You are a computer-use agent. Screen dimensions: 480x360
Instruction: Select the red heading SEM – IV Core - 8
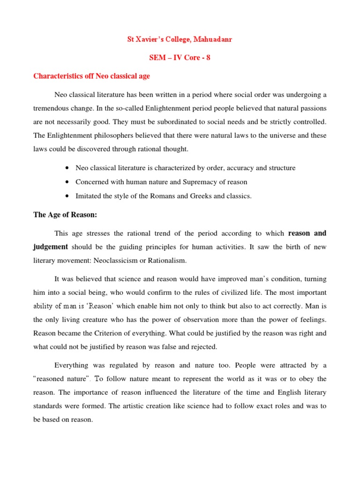point(180,58)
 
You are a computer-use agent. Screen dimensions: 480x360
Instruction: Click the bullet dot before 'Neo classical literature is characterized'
point(68,168)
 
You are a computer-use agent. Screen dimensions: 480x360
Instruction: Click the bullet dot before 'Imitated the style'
point(68,196)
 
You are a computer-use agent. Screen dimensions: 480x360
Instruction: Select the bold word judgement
point(51,247)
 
